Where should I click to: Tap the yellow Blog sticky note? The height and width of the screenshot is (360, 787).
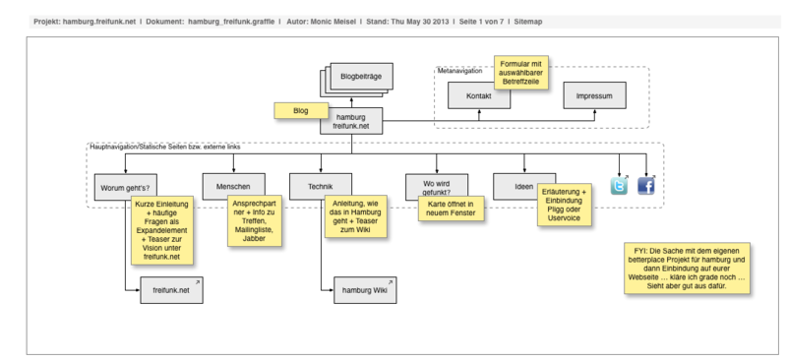(x=300, y=111)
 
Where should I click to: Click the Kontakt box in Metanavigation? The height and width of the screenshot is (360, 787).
(x=479, y=96)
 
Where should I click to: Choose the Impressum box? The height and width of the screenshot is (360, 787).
(x=595, y=96)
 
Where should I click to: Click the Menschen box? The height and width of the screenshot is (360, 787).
(x=232, y=185)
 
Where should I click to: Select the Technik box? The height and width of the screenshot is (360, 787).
(x=322, y=185)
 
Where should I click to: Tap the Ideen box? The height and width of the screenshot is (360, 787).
(x=525, y=185)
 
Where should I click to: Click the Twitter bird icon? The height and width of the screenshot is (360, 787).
(x=619, y=185)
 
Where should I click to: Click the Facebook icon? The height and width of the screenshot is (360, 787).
(x=646, y=185)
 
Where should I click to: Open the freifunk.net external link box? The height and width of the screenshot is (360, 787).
(x=163, y=289)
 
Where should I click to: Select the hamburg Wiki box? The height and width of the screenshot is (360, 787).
(x=362, y=290)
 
